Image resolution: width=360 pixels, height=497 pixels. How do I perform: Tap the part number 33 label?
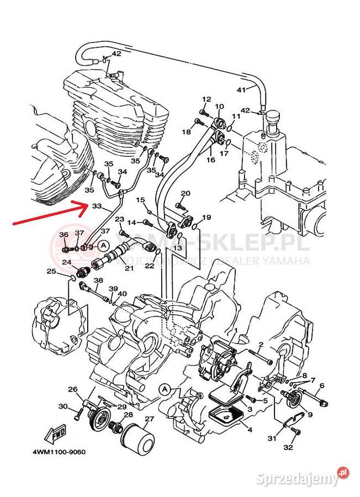coord(97,207)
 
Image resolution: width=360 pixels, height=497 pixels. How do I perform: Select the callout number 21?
coord(129,268)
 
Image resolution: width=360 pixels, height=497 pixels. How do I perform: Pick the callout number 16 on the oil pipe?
coord(210,160)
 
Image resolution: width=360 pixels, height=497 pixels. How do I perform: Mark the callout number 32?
coord(288,447)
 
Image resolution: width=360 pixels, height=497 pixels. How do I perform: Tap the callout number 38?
coord(98,281)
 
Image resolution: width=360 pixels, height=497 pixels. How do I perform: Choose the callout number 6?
coord(321,385)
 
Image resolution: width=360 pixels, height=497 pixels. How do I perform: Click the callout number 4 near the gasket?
coord(250,429)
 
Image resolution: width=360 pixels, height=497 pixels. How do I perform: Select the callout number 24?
coord(67,262)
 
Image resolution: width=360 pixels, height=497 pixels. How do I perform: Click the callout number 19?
coord(207,217)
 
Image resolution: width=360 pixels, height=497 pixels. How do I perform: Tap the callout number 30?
coord(63,407)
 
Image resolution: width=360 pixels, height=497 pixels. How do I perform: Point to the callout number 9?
coord(310,415)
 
